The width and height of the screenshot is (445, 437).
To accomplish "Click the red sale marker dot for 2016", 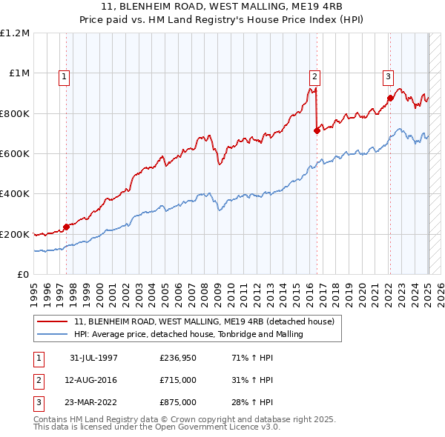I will click(x=317, y=130).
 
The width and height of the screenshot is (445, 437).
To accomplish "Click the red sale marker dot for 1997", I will click(x=66, y=227).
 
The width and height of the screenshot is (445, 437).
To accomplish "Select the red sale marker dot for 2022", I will click(x=390, y=98).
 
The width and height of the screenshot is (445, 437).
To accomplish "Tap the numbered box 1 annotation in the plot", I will click(x=64, y=76).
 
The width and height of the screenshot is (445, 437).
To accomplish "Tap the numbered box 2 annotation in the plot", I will click(x=314, y=76).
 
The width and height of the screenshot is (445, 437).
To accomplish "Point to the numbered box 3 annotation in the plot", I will click(x=388, y=76).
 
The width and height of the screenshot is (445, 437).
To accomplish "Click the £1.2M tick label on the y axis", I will click(x=15, y=33).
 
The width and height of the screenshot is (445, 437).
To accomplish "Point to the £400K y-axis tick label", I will click(x=15, y=194).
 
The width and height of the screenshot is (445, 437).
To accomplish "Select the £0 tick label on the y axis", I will click(x=22, y=275).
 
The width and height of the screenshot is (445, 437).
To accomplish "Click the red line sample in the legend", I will click(x=53, y=321).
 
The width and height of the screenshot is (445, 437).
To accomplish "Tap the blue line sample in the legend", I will click(x=53, y=334).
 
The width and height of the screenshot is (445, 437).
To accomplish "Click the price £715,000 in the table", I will click(x=177, y=380).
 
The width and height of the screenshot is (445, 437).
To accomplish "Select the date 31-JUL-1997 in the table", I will click(x=93, y=358).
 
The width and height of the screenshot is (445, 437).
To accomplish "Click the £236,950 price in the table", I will click(x=177, y=358).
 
